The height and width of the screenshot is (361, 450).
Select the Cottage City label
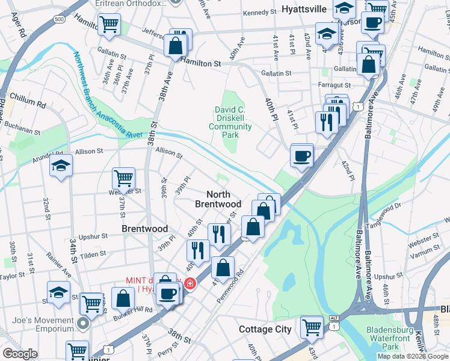265,329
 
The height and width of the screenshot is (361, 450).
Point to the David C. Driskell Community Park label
233,122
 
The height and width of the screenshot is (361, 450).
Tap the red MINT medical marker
190,283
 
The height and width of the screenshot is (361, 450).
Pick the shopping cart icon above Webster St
123,177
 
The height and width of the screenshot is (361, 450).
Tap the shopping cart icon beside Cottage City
312,327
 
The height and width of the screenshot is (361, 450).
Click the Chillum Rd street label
28,103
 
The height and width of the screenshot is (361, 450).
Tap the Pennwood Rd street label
232,285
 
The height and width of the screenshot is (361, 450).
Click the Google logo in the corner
20,354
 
